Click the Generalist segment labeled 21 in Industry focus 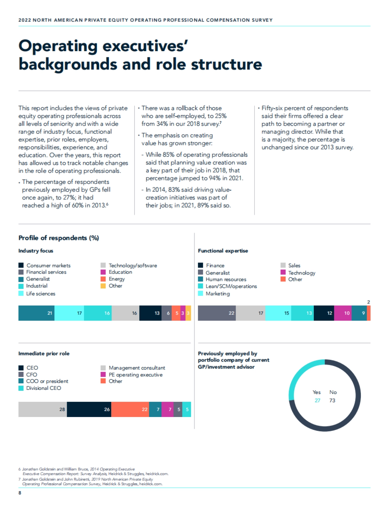pyautogui.click(x=36, y=313)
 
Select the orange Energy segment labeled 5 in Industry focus pyautogui.click(x=176, y=313)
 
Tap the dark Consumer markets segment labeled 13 pyautogui.click(x=150, y=313)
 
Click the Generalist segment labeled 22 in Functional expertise pyautogui.click(x=217, y=313)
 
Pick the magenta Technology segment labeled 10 pyautogui.click(x=343, y=313)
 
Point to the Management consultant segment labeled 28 pyautogui.click(x=42, y=409)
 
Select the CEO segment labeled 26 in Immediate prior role pyautogui.click(x=89, y=409)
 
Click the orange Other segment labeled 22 pyautogui.click(x=130, y=409)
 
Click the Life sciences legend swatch pyautogui.click(x=21, y=294)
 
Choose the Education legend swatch pyautogui.click(x=103, y=272)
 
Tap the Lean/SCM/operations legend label pyautogui.click(x=231, y=286)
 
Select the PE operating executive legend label pyautogui.click(x=136, y=375)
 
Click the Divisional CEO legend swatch pyautogui.click(x=21, y=388)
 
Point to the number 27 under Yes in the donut pyautogui.click(x=317, y=400)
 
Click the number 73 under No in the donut pyautogui.click(x=332, y=400)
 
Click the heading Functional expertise pyautogui.click(x=223, y=251)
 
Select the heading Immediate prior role pyautogui.click(x=44, y=354)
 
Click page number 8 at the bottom pyautogui.click(x=20, y=493)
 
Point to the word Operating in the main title pyautogui.click(x=58, y=46)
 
